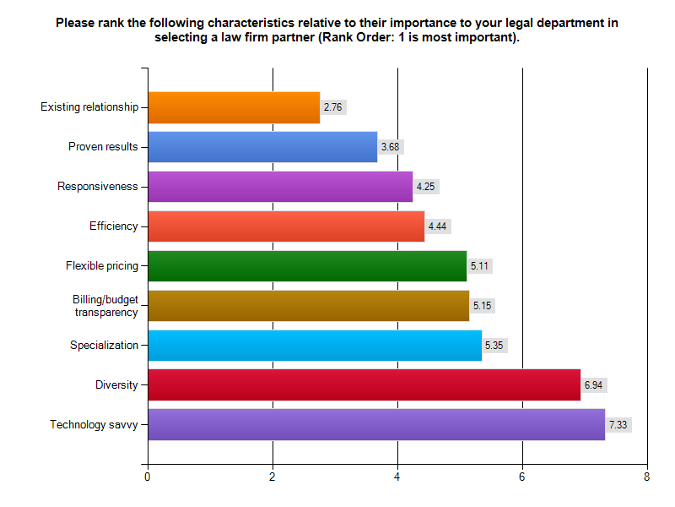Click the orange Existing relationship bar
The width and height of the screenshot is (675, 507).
[x=234, y=107]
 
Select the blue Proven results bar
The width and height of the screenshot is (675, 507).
[x=262, y=147]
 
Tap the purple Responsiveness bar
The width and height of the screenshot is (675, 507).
[x=280, y=187]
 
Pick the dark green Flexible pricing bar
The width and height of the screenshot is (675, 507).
[x=307, y=266]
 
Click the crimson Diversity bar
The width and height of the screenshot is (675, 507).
[x=364, y=385]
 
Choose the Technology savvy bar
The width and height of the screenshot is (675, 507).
[x=376, y=424]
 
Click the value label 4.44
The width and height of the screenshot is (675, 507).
[x=437, y=226]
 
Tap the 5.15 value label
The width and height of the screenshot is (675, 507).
[x=482, y=305]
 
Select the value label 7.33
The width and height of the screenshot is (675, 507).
[x=618, y=424]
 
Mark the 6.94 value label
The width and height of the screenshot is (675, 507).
[x=594, y=385]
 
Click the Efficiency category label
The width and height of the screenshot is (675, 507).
[x=113, y=226]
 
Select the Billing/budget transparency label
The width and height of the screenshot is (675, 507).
[x=105, y=306]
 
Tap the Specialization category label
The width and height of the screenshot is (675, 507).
[x=104, y=345]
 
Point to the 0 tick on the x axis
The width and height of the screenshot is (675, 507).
[x=148, y=477]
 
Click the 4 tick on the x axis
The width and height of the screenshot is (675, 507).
[x=397, y=477]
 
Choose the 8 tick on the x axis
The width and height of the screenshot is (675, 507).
[x=647, y=477]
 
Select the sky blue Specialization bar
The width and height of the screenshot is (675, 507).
[x=315, y=345]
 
